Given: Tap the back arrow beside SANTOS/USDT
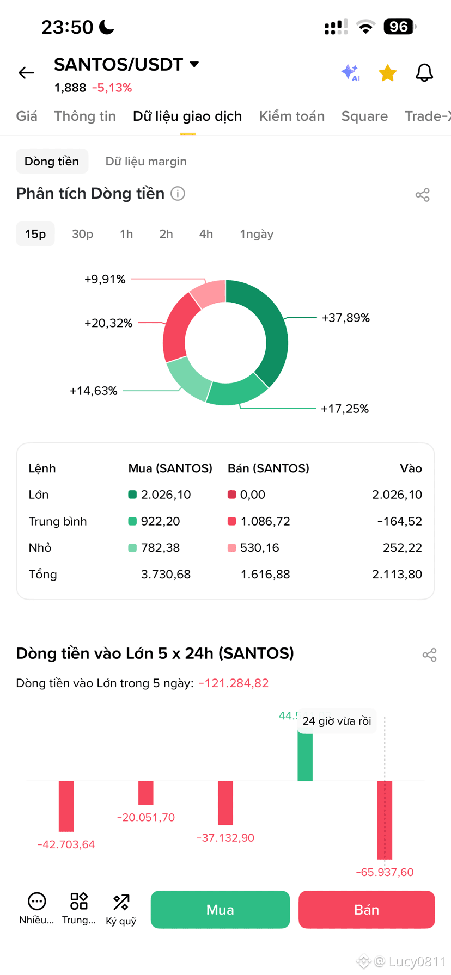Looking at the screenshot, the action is [26, 72].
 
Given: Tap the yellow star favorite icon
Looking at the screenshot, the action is [387, 72].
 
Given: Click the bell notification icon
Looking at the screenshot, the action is [424, 72].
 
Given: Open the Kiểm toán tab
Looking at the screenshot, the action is [292, 116].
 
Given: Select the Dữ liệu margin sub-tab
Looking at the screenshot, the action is [146, 162].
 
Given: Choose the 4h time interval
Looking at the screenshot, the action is [206, 234].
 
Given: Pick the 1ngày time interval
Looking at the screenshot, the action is [257, 235].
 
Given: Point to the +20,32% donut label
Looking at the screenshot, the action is [108, 323].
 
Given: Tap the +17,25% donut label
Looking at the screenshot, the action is [345, 409].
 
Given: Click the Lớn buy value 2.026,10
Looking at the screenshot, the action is [166, 495].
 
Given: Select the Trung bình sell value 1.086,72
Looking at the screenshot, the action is [265, 521].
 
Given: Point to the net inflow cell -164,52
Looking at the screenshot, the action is [400, 521].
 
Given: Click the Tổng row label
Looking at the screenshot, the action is [42, 575].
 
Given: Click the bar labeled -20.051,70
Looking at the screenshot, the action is [146, 793].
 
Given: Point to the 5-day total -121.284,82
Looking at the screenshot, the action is [234, 683].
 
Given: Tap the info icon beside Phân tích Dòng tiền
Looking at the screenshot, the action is [178, 194].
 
